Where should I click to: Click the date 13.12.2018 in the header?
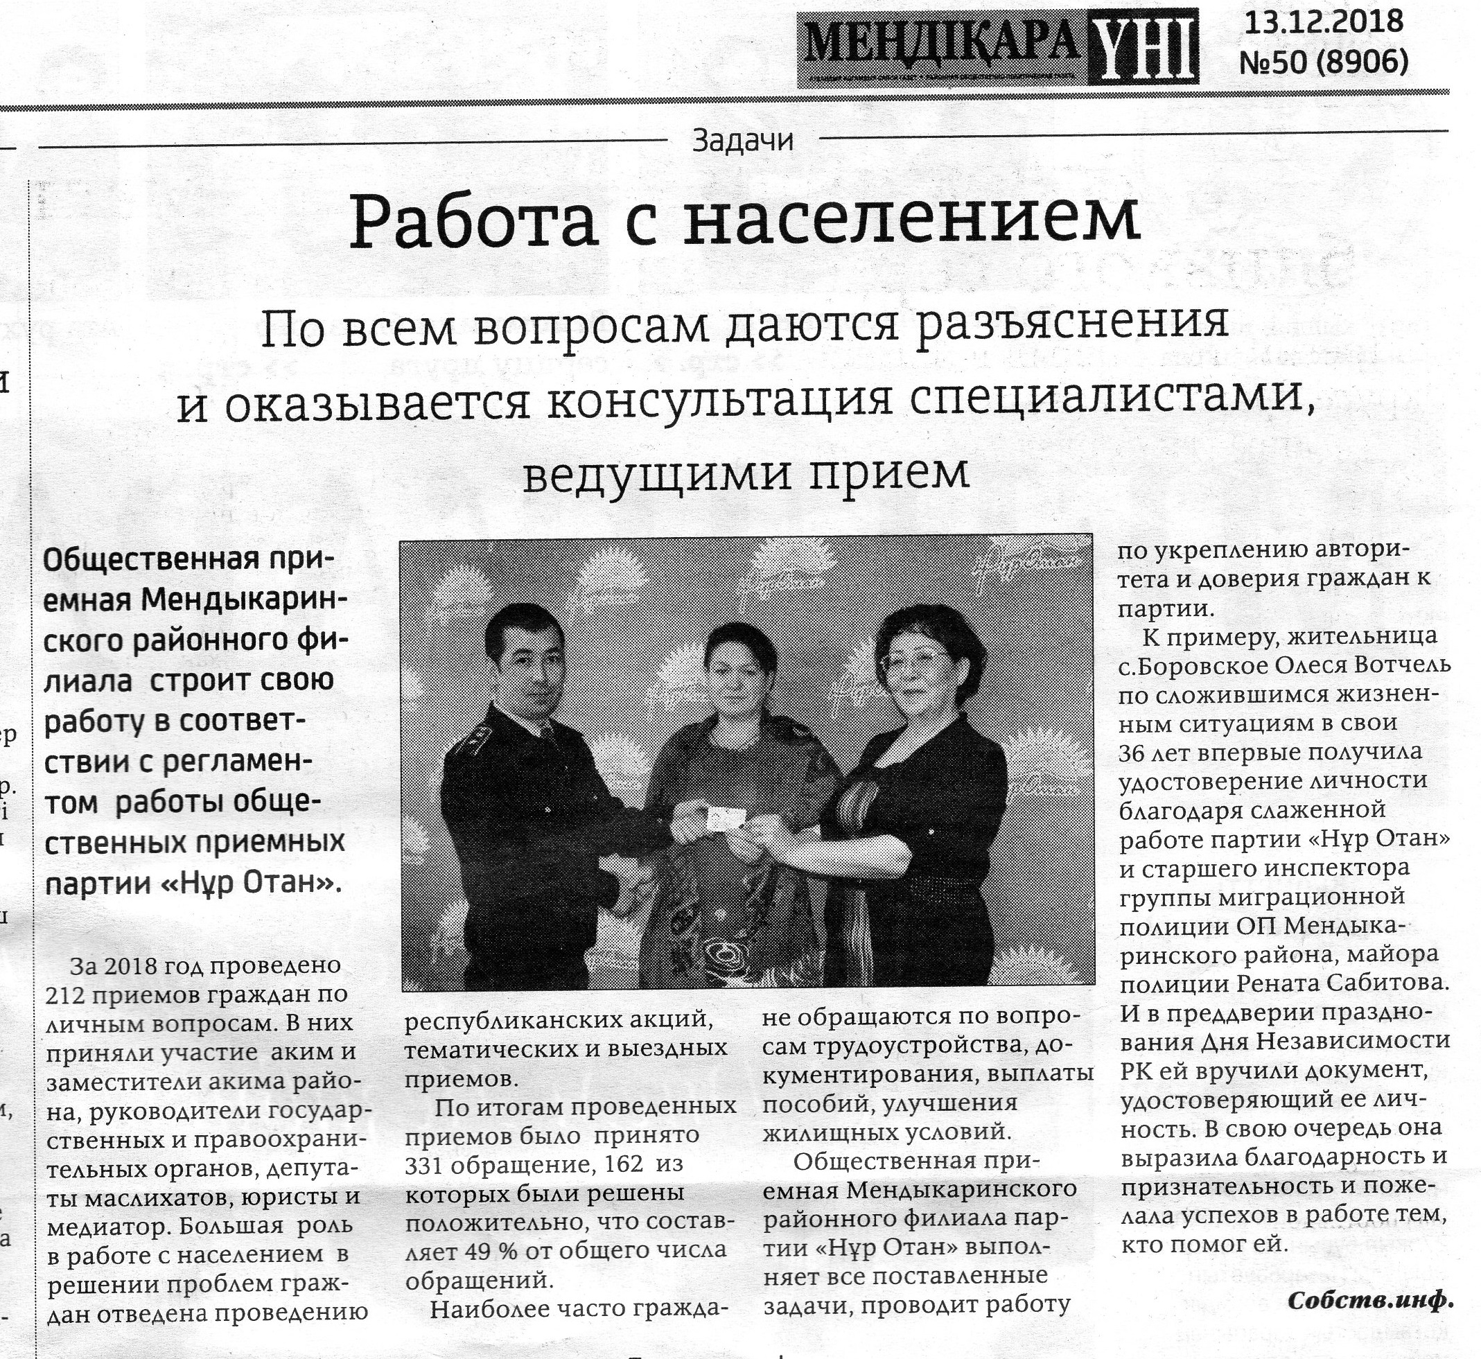[x=1324, y=23]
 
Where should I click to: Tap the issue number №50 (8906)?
[x=1324, y=62]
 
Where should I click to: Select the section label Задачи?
[x=743, y=141]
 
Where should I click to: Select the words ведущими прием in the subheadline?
[x=746, y=474]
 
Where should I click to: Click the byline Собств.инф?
[x=1371, y=1300]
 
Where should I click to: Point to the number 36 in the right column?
[x=1132, y=753]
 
